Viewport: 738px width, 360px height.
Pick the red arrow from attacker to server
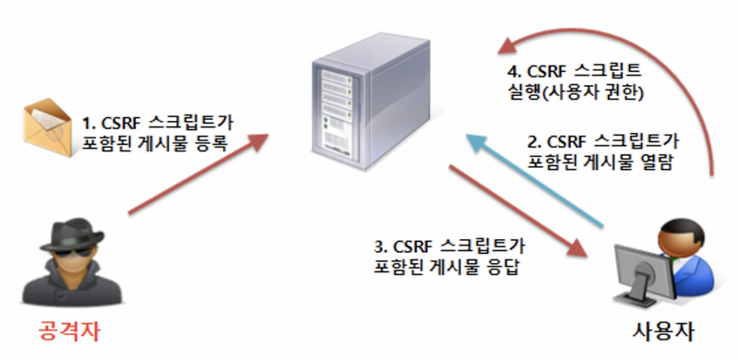[x=198, y=173]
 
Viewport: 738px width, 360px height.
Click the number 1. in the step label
[x=89, y=121]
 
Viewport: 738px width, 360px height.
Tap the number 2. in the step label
[x=532, y=142]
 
